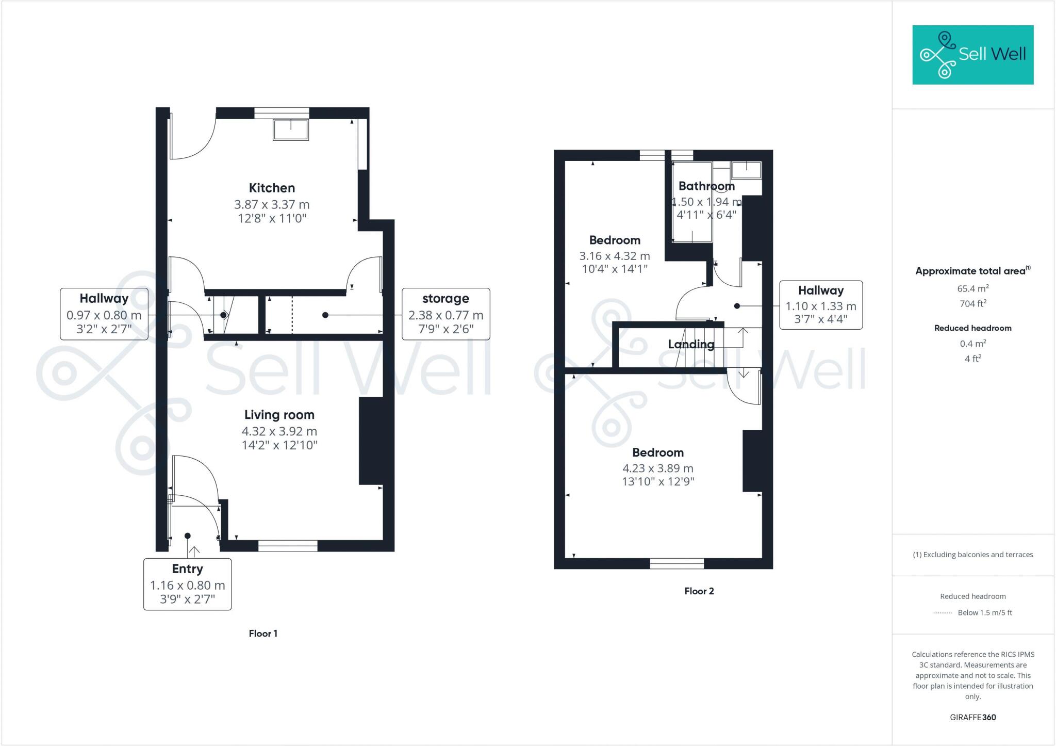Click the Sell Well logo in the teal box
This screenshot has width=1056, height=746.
[x=972, y=55]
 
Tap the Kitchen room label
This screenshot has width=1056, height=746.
[x=272, y=188]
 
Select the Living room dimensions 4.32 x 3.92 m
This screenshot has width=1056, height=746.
[x=279, y=431]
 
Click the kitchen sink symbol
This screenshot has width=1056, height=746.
[x=291, y=129]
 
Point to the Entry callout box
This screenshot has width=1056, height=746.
[x=187, y=584]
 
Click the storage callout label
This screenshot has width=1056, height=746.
[x=445, y=299]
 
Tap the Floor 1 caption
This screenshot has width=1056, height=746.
[x=263, y=634]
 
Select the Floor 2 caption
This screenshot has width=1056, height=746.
[x=699, y=591]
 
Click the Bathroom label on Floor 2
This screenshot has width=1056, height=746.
[x=706, y=186]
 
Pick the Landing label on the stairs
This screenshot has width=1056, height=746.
[x=691, y=344]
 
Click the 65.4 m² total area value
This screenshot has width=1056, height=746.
[x=972, y=288]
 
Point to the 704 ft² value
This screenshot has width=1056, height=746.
[x=972, y=303]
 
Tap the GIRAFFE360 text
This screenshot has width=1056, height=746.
[x=972, y=717]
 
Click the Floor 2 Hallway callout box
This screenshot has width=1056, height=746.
[x=820, y=305]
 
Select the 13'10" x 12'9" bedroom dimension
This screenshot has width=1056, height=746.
[x=658, y=481]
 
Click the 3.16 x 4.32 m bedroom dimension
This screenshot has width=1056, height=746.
[x=614, y=256]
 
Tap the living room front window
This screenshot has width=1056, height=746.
[x=288, y=546]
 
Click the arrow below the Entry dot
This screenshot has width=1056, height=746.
[x=194, y=552]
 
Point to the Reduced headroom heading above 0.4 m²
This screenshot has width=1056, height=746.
[x=972, y=328]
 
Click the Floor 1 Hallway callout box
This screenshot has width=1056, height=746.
[x=104, y=314]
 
